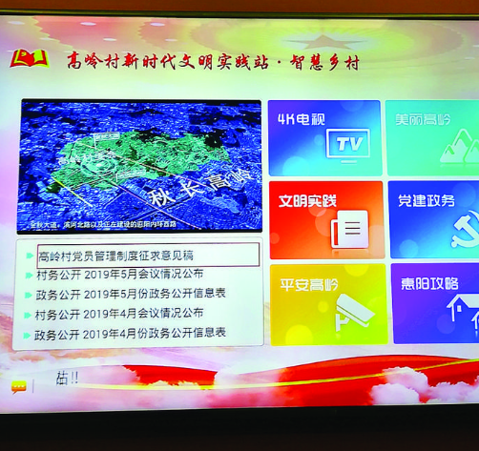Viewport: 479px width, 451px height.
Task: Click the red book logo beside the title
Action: (29, 59)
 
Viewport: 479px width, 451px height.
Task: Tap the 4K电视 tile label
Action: (301, 120)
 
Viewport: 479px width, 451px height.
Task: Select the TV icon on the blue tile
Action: (348, 144)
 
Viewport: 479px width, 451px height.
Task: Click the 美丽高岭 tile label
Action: (426, 119)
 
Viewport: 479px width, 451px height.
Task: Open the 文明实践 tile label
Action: (307, 200)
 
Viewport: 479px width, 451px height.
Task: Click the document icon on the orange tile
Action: (350, 228)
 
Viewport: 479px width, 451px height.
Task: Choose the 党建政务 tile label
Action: (426, 200)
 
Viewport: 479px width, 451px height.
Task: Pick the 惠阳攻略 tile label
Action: (428, 283)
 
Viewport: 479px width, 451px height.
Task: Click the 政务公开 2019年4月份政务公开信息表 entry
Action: (131, 334)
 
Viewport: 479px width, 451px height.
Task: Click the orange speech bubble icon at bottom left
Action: (19, 386)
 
